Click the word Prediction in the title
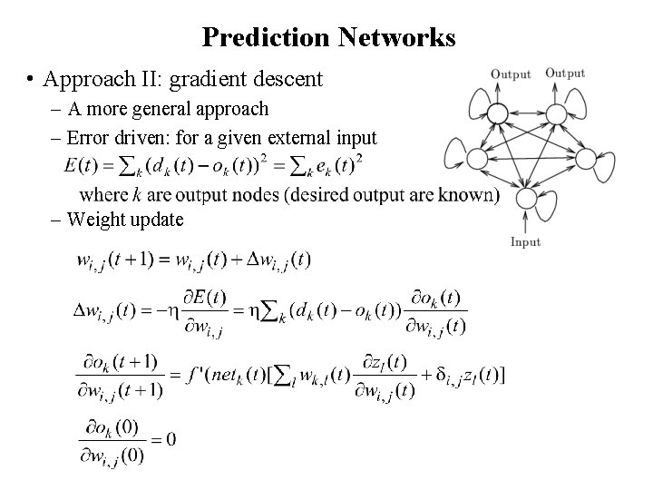click(x=266, y=37)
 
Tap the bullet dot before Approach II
click(x=33, y=80)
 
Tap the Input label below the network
click(x=525, y=242)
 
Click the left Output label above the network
click(x=511, y=74)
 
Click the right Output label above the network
click(x=565, y=73)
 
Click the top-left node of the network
click(x=497, y=113)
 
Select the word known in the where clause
click(x=468, y=194)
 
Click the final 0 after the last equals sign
click(x=171, y=440)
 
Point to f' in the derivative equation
click(x=199, y=374)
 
